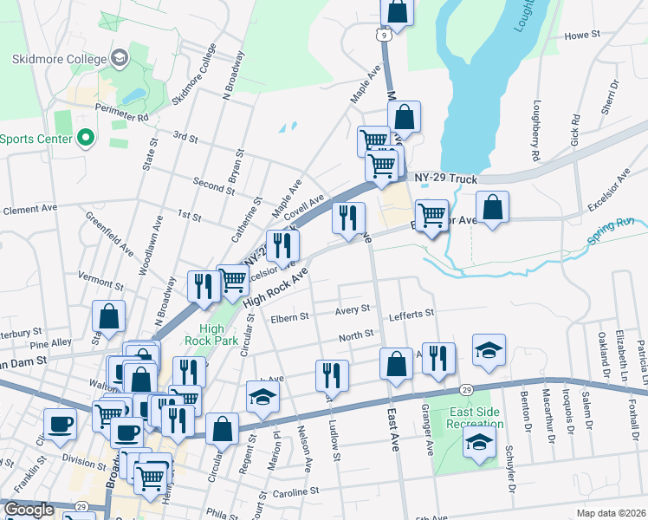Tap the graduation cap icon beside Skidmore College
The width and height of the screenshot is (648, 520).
[x=120, y=59]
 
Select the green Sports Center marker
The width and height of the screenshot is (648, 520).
[x=85, y=138]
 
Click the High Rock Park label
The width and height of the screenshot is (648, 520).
[x=211, y=334]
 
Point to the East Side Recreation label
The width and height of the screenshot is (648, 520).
[x=475, y=417]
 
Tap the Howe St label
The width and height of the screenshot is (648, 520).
[x=582, y=36]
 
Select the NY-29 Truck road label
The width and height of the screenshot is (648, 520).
[x=446, y=179]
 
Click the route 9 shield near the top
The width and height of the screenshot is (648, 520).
[x=382, y=34]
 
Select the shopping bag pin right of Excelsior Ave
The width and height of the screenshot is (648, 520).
[x=492, y=208]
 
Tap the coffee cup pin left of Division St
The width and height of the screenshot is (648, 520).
[x=60, y=424]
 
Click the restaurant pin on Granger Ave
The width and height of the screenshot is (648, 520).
[x=439, y=358]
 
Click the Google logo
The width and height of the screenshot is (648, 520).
[x=29, y=510]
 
